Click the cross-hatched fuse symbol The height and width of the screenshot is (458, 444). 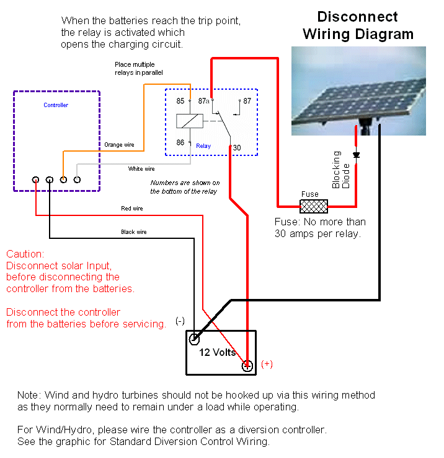point(313,207)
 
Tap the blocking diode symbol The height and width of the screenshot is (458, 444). point(356,155)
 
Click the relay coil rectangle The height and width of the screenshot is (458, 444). point(190,121)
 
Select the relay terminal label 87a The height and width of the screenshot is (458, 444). point(203,101)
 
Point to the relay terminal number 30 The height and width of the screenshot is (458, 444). point(237,148)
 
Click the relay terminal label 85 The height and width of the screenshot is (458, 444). point(180,101)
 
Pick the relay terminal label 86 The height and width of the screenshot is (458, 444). point(180,142)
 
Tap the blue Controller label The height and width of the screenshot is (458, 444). point(56,105)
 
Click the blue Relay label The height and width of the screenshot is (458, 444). point(203,146)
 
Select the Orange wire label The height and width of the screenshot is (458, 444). point(119,145)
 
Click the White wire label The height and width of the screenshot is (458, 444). point(141,169)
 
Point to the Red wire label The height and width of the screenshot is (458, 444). point(132,209)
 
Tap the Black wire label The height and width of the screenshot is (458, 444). point(134,232)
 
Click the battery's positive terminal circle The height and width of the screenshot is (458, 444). point(247,366)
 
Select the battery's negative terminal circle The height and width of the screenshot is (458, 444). point(194,339)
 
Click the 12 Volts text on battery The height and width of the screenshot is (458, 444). point(218,353)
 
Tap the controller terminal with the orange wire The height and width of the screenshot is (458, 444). point(63,179)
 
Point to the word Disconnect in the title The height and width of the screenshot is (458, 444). point(358,17)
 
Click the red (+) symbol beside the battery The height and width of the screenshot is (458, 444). point(267,365)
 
